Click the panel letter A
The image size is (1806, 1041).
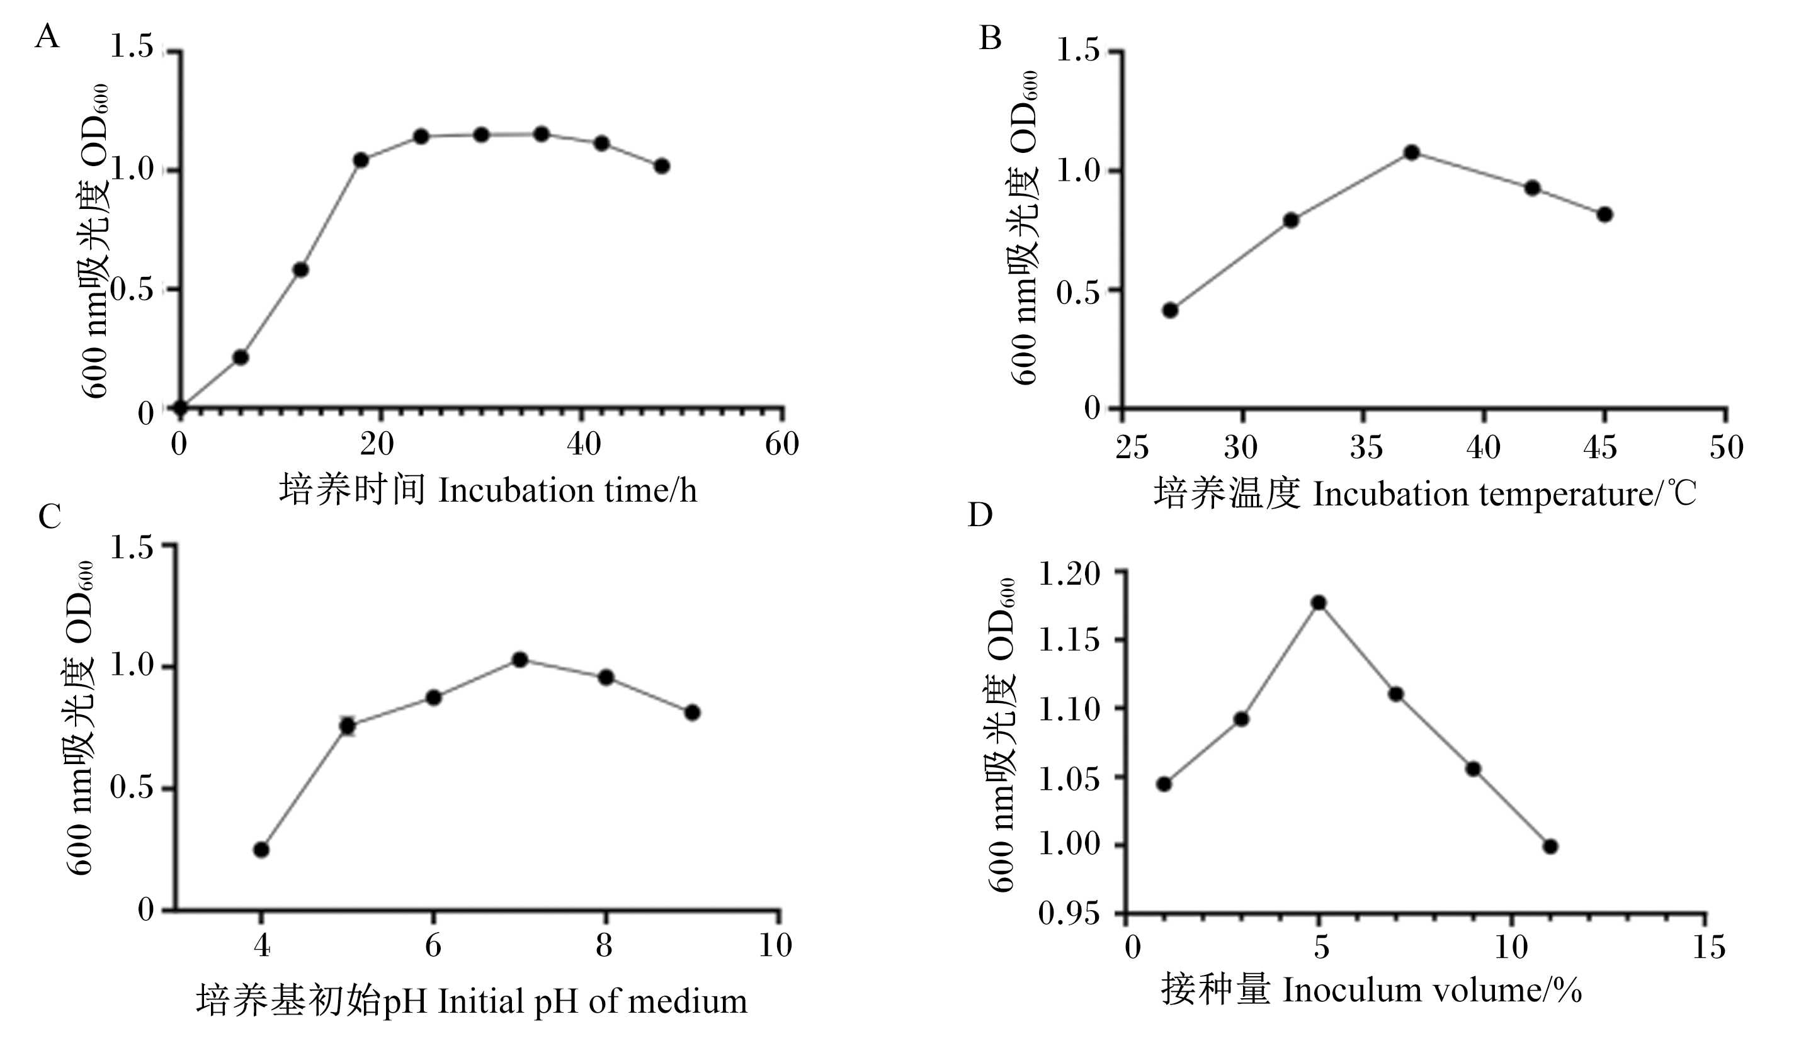[x=47, y=36]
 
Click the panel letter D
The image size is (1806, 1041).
[x=980, y=514]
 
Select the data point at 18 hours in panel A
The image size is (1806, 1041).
[x=361, y=160]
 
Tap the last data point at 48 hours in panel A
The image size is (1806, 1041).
[x=662, y=166]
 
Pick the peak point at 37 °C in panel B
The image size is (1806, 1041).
[x=1412, y=152]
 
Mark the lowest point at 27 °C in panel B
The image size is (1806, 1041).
[x=1170, y=310]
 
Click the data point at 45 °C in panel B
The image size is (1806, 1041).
[x=1605, y=215]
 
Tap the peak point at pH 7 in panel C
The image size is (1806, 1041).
[x=521, y=659]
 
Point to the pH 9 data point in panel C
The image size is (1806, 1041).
[x=692, y=712]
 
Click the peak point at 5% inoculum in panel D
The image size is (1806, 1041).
[x=1319, y=603]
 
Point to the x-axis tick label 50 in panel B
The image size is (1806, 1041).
[x=1727, y=447]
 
